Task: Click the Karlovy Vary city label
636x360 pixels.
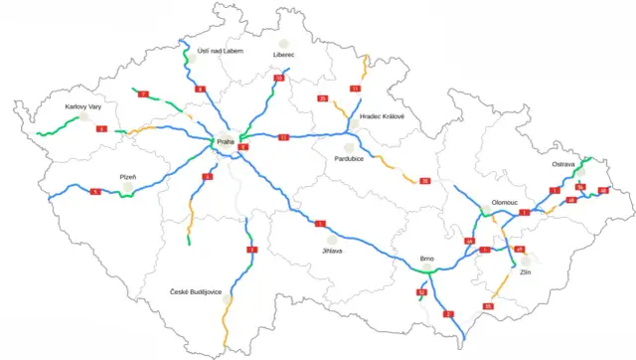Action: pos(82,105)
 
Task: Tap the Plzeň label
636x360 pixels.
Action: pos(128,176)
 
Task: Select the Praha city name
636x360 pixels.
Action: pos(225,141)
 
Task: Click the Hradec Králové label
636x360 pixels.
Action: pos(383,116)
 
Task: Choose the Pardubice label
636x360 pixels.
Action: pos(349,158)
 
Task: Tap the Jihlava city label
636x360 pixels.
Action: pos(332,251)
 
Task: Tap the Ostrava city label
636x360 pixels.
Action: pos(564,164)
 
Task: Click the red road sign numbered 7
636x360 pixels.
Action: pos(143,93)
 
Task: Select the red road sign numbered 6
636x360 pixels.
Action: pos(101,129)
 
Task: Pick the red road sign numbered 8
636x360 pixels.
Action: pos(200,90)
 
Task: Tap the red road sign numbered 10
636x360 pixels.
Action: pos(278,78)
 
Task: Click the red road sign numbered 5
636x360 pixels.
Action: pos(95,190)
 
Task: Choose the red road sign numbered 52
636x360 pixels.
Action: pos(421,292)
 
